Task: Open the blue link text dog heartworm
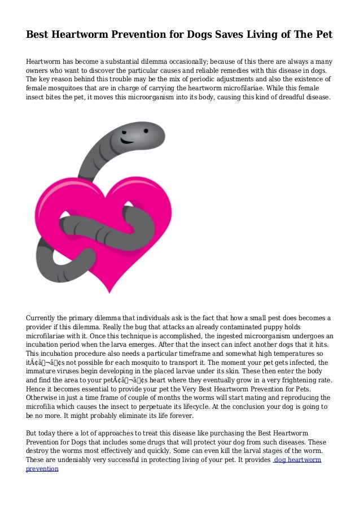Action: [297, 460]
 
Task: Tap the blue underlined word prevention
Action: [42, 469]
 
